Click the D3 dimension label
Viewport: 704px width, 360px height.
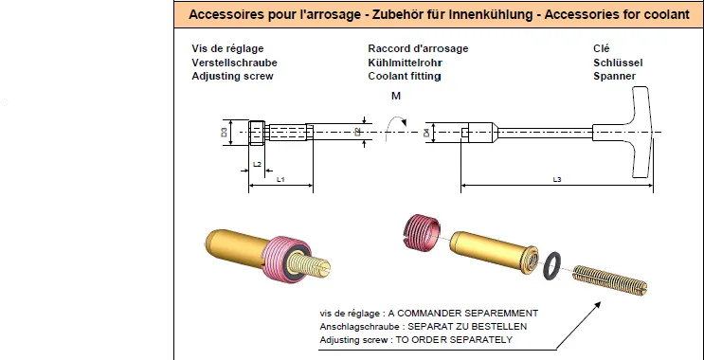click(x=224, y=132)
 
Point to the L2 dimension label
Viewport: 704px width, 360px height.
click(x=258, y=164)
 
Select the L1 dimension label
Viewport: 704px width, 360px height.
click(x=280, y=180)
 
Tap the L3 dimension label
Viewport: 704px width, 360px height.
click(x=557, y=180)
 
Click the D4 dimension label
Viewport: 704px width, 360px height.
click(x=426, y=133)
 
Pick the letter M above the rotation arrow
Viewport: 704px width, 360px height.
click(x=395, y=96)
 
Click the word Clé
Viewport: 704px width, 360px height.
click(x=602, y=48)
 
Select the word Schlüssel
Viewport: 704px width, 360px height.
click(x=618, y=63)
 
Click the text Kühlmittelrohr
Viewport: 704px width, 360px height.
click(x=405, y=63)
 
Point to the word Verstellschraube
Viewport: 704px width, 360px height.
click(x=234, y=63)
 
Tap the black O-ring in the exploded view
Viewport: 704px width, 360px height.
click(x=551, y=265)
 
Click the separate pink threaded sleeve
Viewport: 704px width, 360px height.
click(x=421, y=231)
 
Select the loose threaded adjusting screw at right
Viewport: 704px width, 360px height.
click(x=610, y=280)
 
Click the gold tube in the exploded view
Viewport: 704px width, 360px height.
click(x=494, y=251)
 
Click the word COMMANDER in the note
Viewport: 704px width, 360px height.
click(x=425, y=313)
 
